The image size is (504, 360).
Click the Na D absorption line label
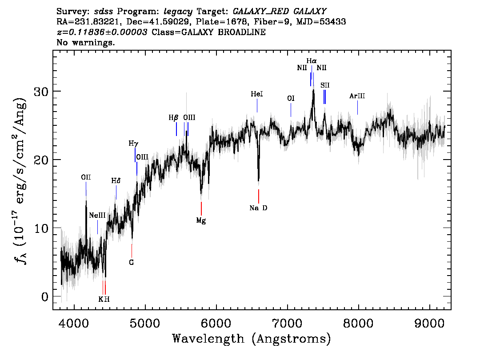tap(258, 208)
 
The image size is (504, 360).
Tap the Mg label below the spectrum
tap(201, 220)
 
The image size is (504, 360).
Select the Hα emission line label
tap(312, 60)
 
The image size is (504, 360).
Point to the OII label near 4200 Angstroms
tap(86, 177)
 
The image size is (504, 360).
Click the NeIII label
tap(97, 216)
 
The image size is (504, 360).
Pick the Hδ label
tap(116, 181)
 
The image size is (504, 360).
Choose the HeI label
tap(257, 94)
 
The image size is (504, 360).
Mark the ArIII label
tap(357, 96)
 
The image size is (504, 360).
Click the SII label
tap(325, 85)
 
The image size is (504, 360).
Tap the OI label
tap(291, 98)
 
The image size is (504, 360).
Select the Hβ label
tap(173, 118)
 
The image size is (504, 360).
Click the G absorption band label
tap(131, 262)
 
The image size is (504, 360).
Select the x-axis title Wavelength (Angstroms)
tap(252, 339)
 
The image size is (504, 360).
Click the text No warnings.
tap(86, 43)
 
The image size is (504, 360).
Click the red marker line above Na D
tap(258, 196)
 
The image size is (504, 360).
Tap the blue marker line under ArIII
tap(357, 108)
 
